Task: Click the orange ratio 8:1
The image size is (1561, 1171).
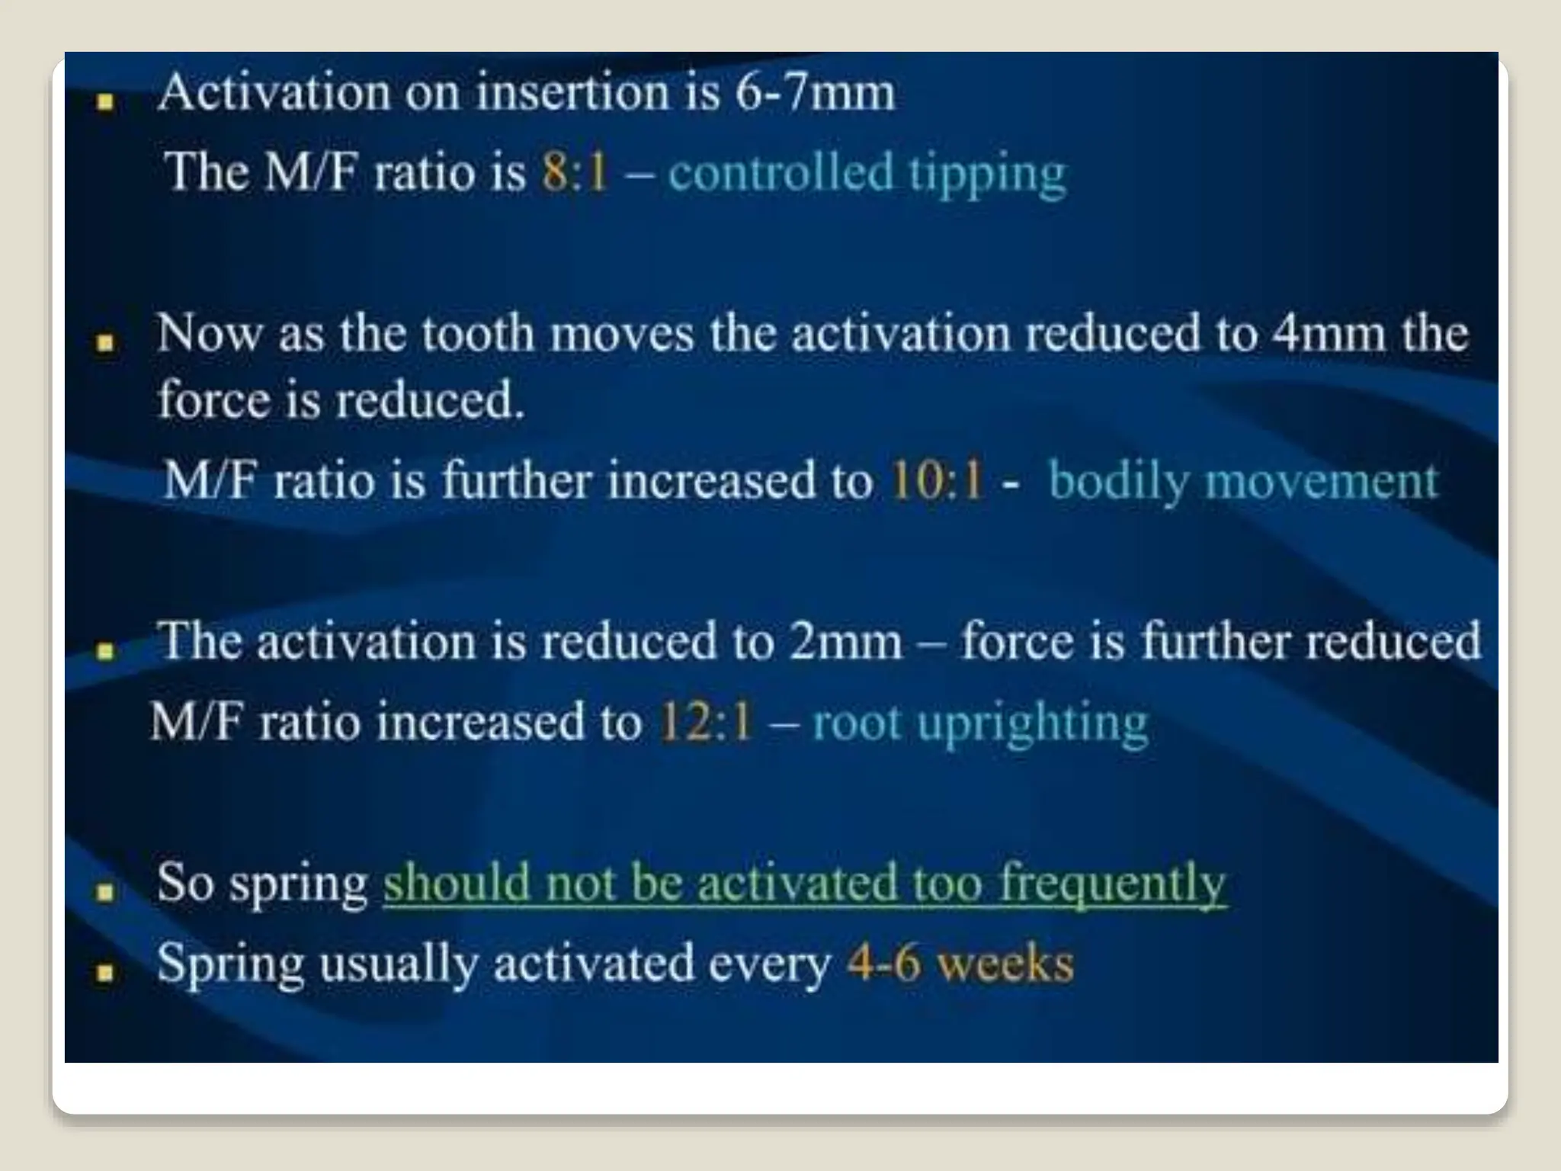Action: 575,172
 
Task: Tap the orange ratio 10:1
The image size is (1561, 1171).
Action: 936,481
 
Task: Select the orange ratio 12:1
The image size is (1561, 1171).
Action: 705,721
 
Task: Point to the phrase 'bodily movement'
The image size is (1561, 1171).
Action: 1242,482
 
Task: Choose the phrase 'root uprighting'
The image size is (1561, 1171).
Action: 979,723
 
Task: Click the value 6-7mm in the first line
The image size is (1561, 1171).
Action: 815,93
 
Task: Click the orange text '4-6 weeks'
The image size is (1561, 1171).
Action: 960,963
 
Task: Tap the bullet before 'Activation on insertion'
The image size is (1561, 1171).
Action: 106,101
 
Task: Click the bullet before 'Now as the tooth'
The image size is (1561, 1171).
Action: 106,342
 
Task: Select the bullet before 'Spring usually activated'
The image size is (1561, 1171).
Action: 106,972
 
